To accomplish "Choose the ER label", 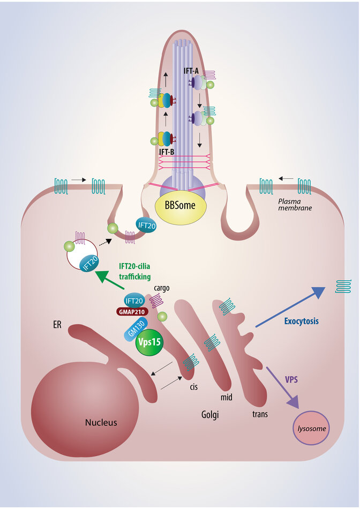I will [58, 325].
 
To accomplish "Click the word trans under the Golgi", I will [260, 414].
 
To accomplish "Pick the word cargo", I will [162, 288].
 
